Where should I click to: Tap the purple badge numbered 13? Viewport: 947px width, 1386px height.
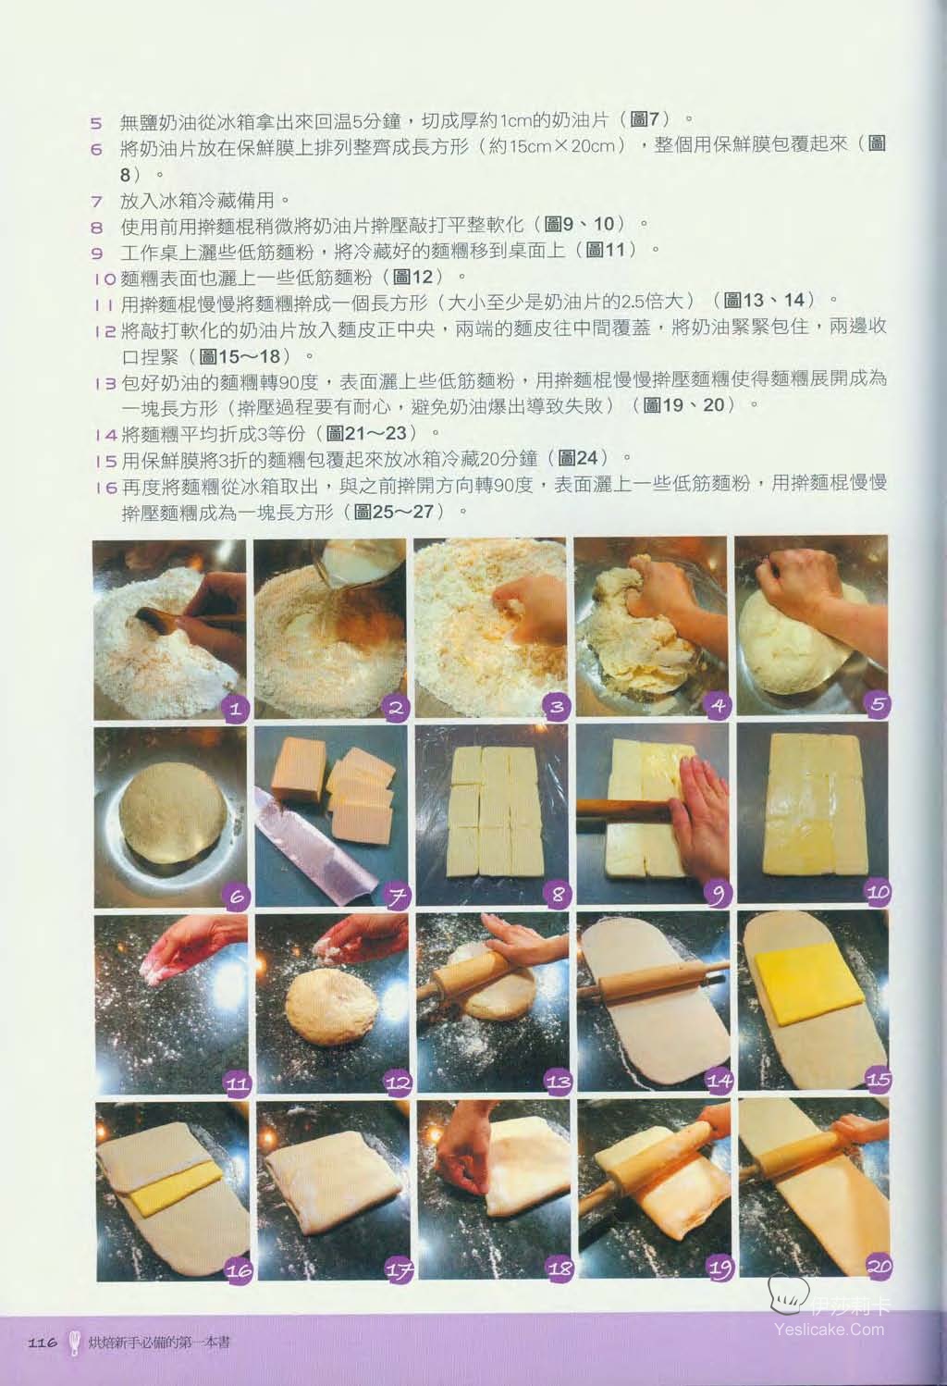(558, 1081)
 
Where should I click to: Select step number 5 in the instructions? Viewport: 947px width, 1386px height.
(96, 122)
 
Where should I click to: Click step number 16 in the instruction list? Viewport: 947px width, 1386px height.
(106, 488)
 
